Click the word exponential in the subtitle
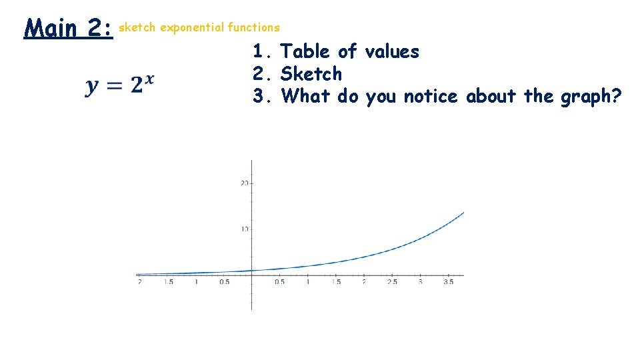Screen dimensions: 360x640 pos(191,27)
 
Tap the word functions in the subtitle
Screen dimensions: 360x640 pos(253,27)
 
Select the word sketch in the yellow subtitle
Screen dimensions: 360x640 pos(137,27)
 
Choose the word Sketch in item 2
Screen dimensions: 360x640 pos(311,74)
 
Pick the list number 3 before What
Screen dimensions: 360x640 pos(259,97)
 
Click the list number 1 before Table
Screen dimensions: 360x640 pos(259,51)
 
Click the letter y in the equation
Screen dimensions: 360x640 pos(93,87)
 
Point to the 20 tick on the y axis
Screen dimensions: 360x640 pos(245,183)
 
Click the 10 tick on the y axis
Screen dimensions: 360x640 pos(245,229)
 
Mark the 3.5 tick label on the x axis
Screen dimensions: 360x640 pos(448,282)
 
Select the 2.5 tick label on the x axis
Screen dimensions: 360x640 pos(392,282)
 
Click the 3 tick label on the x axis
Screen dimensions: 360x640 pos(420,282)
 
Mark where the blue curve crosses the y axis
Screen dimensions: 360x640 pos(252,270)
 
